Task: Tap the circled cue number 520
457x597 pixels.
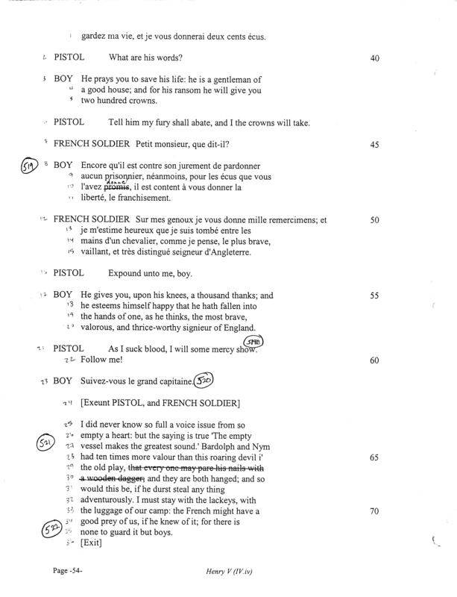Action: pyautogui.click(x=203, y=382)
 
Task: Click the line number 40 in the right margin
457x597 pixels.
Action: pyautogui.click(x=374, y=57)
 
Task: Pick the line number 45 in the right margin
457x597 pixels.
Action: pyautogui.click(x=374, y=144)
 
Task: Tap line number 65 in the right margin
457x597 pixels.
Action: pyautogui.click(x=374, y=457)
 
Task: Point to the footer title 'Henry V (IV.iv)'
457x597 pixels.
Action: pyautogui.click(x=233, y=571)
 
